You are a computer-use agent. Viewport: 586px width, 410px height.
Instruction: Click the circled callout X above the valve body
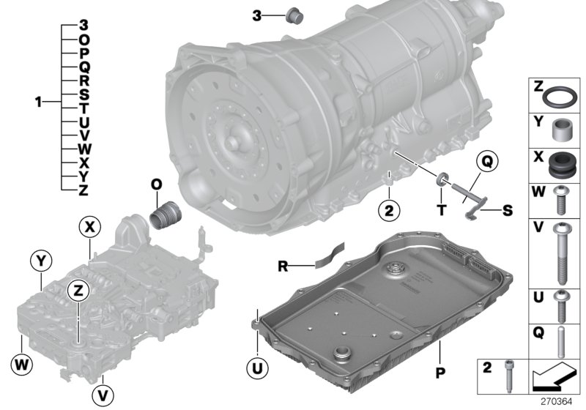point(89,227)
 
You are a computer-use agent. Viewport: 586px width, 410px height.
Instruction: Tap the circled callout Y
point(41,261)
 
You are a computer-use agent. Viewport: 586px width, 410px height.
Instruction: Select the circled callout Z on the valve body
point(78,290)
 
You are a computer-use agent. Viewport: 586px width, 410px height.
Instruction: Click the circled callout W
point(22,364)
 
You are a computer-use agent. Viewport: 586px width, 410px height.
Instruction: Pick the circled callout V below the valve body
point(103,395)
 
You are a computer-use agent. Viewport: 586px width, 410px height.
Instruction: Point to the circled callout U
point(258,368)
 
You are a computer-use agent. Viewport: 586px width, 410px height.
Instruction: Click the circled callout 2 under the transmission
point(389,210)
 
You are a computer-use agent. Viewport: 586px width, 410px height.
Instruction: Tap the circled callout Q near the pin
point(487,161)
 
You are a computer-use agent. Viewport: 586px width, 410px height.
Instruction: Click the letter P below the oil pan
point(441,372)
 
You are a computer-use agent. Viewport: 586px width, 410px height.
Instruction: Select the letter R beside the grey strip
point(283,266)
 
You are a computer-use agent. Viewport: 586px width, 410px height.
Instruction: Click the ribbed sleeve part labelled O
point(166,215)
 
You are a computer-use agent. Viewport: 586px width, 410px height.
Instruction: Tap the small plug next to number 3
point(294,16)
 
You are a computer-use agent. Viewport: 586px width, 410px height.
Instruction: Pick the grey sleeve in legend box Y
point(560,130)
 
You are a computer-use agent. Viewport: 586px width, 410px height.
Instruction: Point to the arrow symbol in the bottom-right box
point(553,377)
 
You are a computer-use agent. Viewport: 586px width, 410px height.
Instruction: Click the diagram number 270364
point(557,402)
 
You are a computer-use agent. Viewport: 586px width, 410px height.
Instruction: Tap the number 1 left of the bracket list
point(38,102)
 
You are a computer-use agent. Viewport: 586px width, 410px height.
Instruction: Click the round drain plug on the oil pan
point(342,353)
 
